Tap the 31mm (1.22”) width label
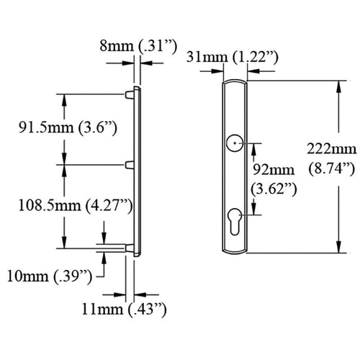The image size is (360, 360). click(x=233, y=58)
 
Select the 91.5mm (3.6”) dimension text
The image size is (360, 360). click(x=68, y=127)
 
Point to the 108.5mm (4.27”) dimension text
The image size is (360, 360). click(x=76, y=206)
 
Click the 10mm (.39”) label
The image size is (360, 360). click(x=50, y=276)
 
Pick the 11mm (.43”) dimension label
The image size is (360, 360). click(x=124, y=309)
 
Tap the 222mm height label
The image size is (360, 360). click(x=332, y=149)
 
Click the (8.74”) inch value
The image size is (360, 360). click(x=332, y=168)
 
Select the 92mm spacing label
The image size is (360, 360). click(x=274, y=170)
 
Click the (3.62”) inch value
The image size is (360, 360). click(x=274, y=189)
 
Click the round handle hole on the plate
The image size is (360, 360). click(x=235, y=143)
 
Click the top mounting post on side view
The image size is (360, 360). click(x=130, y=94)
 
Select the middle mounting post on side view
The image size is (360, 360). click(x=130, y=165)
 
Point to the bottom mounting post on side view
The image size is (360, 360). click(x=130, y=248)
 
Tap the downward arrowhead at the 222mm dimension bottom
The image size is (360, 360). click(x=338, y=247)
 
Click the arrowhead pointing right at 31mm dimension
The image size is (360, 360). click(x=217, y=71)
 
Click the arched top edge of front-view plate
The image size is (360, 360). click(x=235, y=81)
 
